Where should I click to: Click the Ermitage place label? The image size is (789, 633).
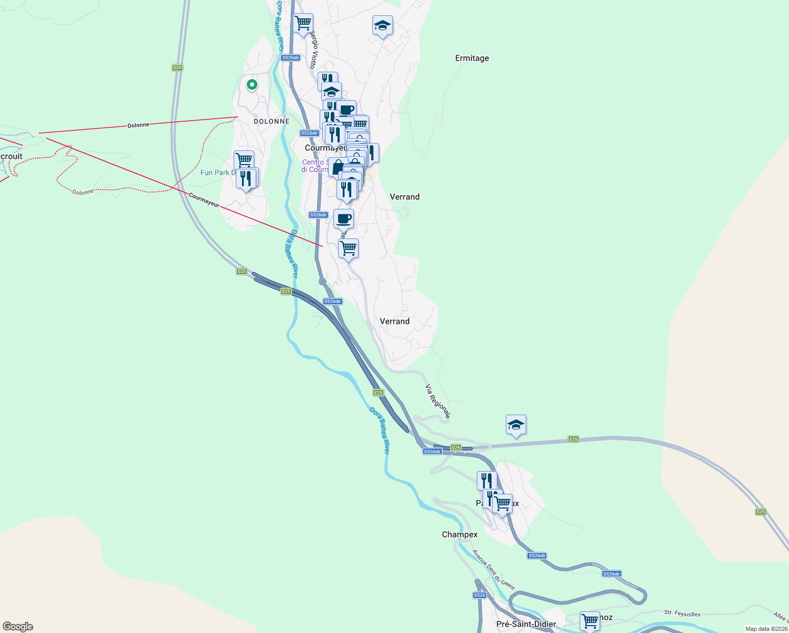coord(472,58)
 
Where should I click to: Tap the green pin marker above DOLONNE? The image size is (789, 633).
coord(252,84)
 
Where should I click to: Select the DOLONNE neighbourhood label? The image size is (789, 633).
coord(272,121)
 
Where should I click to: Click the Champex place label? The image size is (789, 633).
coord(459,534)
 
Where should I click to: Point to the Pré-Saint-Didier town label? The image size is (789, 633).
coord(526,624)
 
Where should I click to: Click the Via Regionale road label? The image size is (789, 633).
coord(438,401)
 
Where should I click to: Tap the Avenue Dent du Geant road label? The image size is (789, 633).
coord(493,570)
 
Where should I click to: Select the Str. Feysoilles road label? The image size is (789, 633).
coord(682,613)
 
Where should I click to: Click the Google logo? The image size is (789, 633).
coord(18,626)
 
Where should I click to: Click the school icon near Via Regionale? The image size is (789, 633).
coord(515,425)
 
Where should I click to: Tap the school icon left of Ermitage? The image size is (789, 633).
coord(382,25)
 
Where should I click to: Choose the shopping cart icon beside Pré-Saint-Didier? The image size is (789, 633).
coord(589,621)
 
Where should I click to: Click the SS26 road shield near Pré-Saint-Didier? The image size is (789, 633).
coord(479,595)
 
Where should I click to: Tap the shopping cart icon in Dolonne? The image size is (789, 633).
coord(244,159)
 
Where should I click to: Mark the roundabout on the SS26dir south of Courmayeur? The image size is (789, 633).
coord(322,282)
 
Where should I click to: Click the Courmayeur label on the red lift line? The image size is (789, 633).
coord(204,200)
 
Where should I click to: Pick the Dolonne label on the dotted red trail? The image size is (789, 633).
coord(83,192)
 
